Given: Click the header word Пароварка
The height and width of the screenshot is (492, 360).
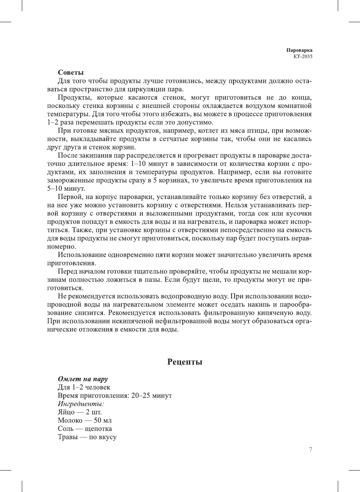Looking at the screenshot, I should point(299,50).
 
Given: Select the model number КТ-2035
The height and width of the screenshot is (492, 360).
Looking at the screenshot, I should point(303,57).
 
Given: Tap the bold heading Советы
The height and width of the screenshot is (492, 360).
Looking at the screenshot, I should point(70,72).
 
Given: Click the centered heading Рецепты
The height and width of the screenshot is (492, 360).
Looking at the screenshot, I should point(185,362).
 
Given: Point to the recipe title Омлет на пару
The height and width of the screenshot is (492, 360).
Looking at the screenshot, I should point(83,379).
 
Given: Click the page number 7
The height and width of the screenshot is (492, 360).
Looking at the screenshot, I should point(310,449).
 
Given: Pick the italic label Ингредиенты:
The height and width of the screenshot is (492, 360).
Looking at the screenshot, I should point(81,404).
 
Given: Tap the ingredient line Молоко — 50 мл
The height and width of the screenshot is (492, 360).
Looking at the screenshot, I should point(85,420).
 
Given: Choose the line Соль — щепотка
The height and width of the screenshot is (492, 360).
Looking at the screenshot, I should point(85,429).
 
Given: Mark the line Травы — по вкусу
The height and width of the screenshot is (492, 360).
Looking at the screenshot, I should point(87,437).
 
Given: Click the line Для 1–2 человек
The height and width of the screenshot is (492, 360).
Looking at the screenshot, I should point(84,387).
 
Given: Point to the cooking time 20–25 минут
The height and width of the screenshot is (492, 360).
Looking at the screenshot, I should point(151,396).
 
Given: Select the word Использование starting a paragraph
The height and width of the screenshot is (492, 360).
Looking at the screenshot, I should point(82,255).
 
